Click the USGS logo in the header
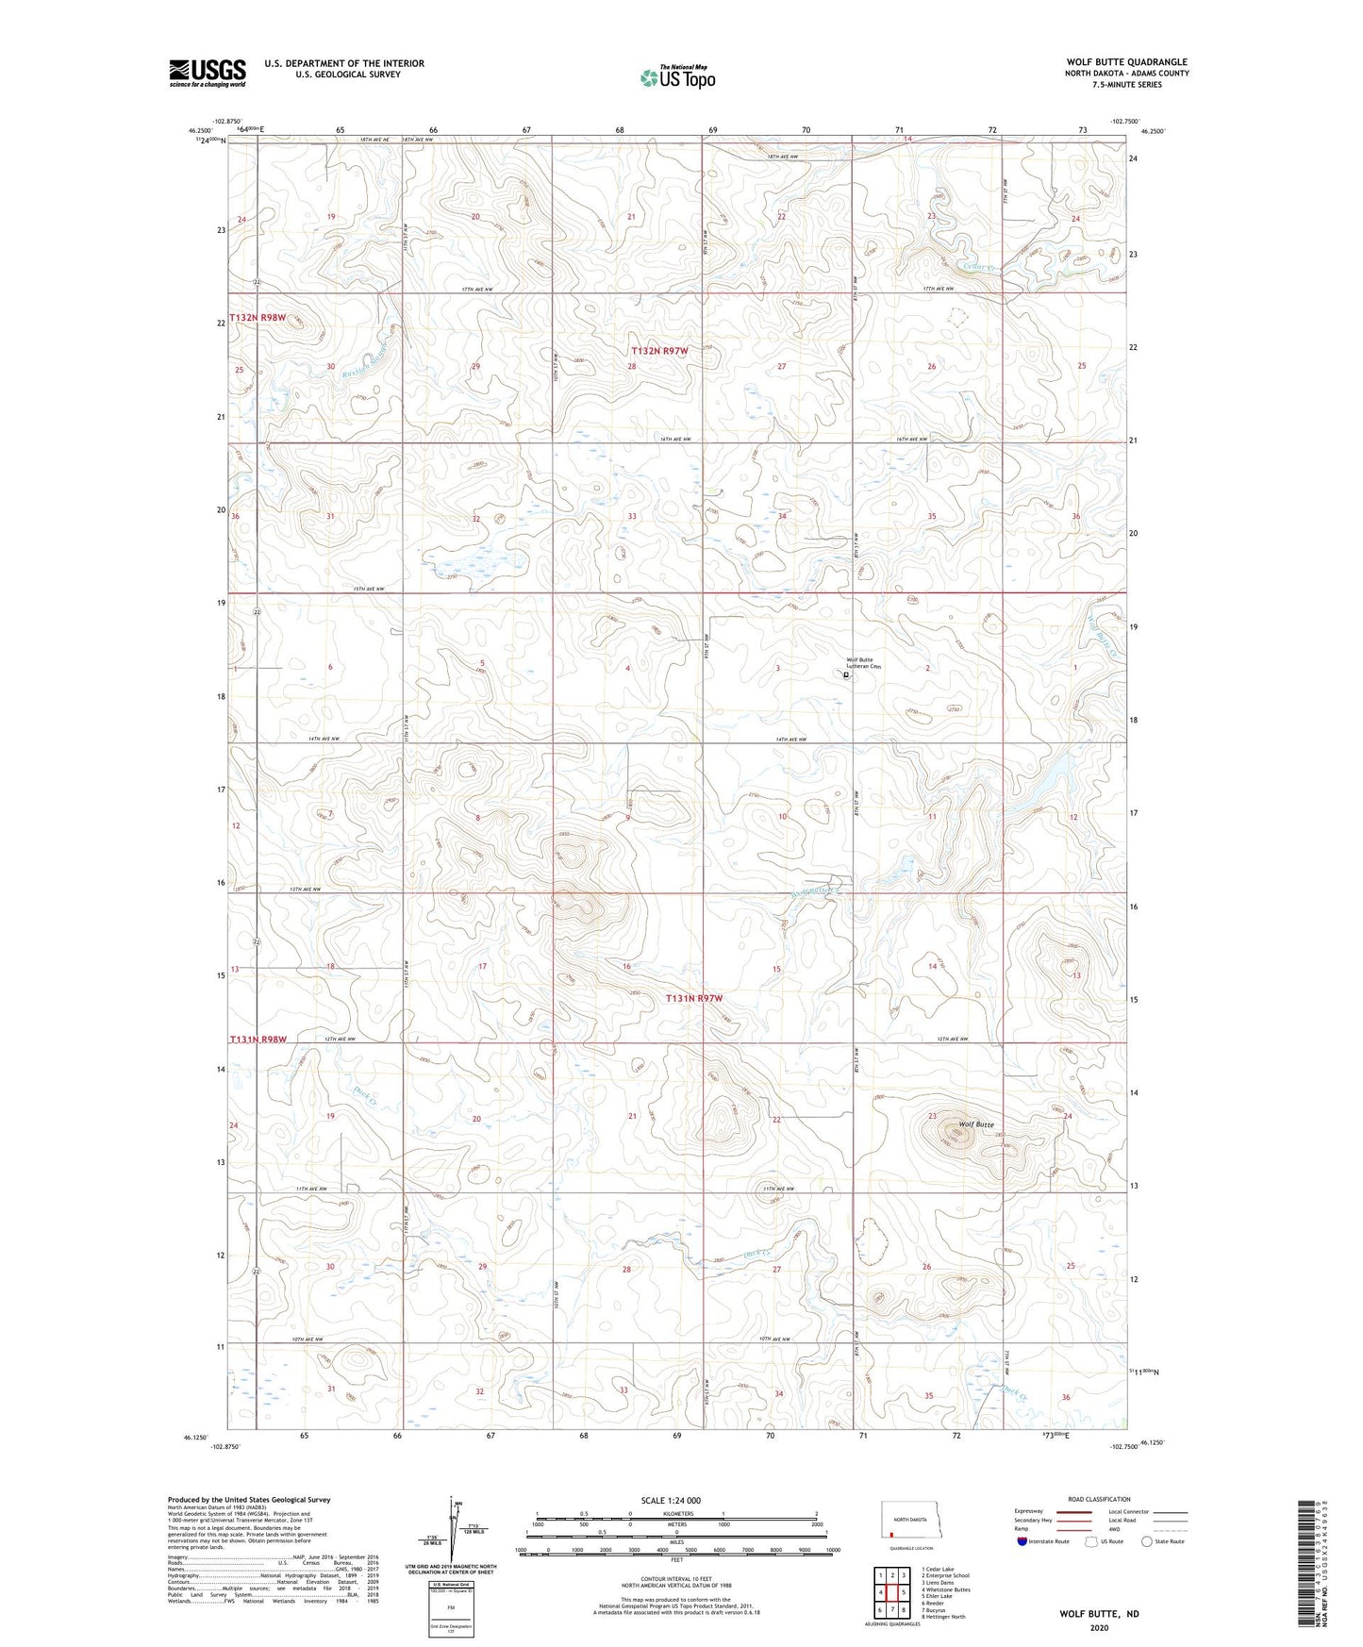point(207,73)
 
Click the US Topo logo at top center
point(676,78)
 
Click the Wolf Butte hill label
point(976,1124)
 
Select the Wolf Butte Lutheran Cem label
point(862,663)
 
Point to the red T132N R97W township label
point(658,351)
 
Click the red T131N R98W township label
point(257,1039)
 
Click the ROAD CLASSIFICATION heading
point(1099,1499)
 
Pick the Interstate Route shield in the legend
point(1023,1541)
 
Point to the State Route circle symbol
point(1147,1541)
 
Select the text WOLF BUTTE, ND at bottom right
point(1098,1613)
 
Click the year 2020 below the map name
point(1098,1627)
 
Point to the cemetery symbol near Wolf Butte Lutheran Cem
point(846,674)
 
